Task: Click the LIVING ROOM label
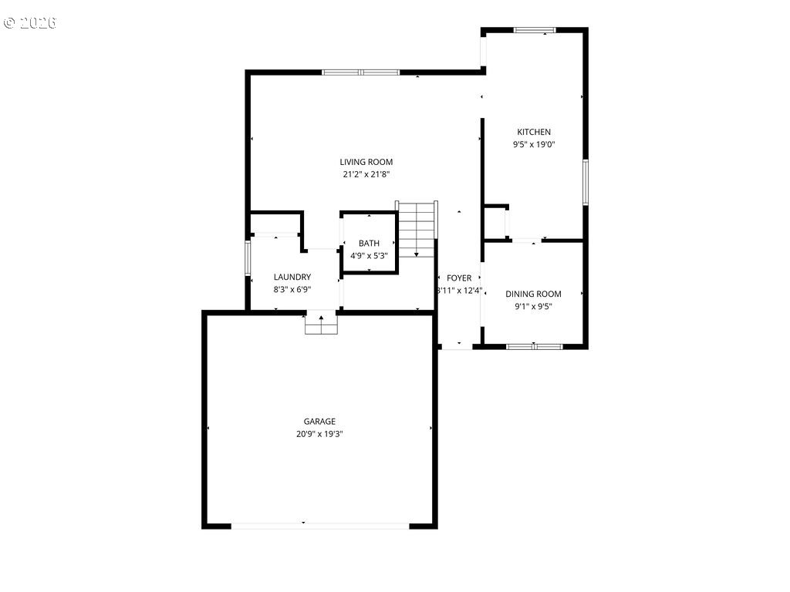pos(366,162)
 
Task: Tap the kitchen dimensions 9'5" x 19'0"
pos(534,144)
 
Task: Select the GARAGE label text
pos(319,422)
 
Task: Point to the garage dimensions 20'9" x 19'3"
pos(319,434)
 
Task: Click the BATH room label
pos(369,244)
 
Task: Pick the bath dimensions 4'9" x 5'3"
pos(369,256)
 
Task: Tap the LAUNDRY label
pos(292,277)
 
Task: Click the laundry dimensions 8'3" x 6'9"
pos(292,290)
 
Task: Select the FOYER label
pos(459,278)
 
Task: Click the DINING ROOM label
pos(533,294)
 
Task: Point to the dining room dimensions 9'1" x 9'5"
pos(533,306)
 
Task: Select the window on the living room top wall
pos(360,72)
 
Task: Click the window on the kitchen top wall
pos(535,30)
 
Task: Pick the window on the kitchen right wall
pos(586,182)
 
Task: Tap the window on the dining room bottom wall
pos(534,346)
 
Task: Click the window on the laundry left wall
pos(248,259)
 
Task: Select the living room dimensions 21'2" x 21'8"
pos(366,174)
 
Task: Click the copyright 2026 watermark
pos(30,22)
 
